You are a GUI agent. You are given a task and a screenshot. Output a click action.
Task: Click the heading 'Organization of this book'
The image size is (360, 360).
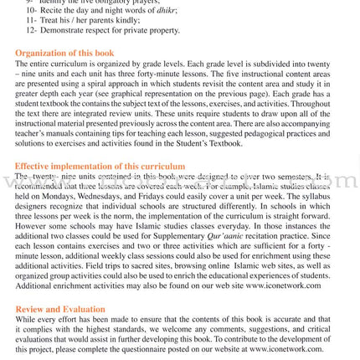tap(64, 54)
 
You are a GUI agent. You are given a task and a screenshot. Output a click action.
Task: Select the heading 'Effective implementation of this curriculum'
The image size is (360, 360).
tap(100, 167)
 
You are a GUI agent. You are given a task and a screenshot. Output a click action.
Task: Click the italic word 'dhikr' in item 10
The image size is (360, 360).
tap(162, 10)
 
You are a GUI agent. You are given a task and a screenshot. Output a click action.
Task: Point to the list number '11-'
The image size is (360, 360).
tap(31, 20)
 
